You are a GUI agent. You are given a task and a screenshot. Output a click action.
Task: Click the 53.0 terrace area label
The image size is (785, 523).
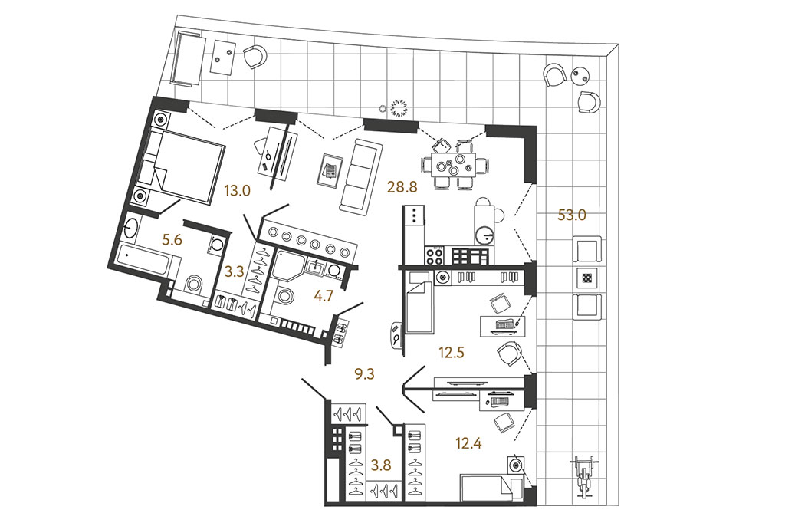click(572, 215)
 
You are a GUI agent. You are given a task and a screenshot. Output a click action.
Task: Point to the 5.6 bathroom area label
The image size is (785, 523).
click(172, 241)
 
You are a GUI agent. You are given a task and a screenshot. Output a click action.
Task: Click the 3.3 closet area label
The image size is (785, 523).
click(235, 273)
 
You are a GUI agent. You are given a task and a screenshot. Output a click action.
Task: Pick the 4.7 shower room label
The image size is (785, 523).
click(323, 296)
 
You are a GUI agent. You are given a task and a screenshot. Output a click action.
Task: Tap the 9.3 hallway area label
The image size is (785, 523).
click(364, 373)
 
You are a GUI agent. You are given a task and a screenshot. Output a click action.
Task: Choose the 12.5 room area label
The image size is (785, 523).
click(451, 353)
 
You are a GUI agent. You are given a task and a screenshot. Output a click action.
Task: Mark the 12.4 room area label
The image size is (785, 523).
click(468, 442)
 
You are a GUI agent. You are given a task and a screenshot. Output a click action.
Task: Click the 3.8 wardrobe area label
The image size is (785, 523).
click(380, 465)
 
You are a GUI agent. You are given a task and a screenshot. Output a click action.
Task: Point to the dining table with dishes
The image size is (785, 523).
click(455, 164)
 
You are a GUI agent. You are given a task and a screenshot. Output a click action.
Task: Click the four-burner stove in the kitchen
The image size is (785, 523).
click(434, 256)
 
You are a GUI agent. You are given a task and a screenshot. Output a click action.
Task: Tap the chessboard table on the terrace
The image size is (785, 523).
click(586, 278)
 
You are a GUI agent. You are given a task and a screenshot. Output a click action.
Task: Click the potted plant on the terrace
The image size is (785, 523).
click(399, 107)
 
